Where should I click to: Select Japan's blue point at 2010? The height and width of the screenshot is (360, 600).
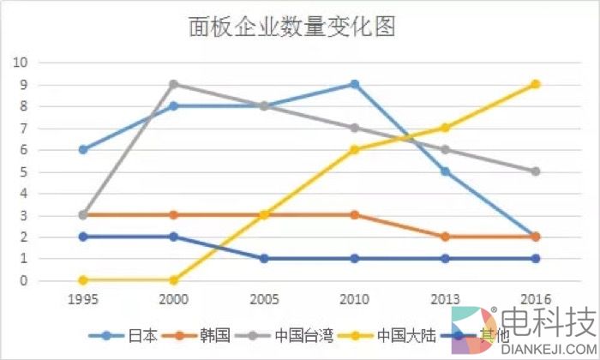[354, 85]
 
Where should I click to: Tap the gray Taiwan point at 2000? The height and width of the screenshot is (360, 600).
[173, 85]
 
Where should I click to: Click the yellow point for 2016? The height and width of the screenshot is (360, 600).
[535, 85]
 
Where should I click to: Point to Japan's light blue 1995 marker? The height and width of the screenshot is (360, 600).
[83, 150]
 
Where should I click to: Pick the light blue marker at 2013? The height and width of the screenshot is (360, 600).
[445, 171]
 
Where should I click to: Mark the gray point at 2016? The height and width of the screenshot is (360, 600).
[535, 171]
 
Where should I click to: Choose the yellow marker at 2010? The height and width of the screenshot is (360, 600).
[354, 150]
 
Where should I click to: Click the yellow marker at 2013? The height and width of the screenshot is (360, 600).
[445, 129]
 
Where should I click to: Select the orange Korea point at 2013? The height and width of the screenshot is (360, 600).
[445, 237]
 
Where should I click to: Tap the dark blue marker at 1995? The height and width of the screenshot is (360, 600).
[83, 237]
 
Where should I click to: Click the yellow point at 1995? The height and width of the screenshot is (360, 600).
[83, 280]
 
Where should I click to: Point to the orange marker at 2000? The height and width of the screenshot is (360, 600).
[173, 215]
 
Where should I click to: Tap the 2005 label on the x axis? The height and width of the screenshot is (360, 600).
[264, 300]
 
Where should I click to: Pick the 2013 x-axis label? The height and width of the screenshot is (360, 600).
[445, 300]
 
